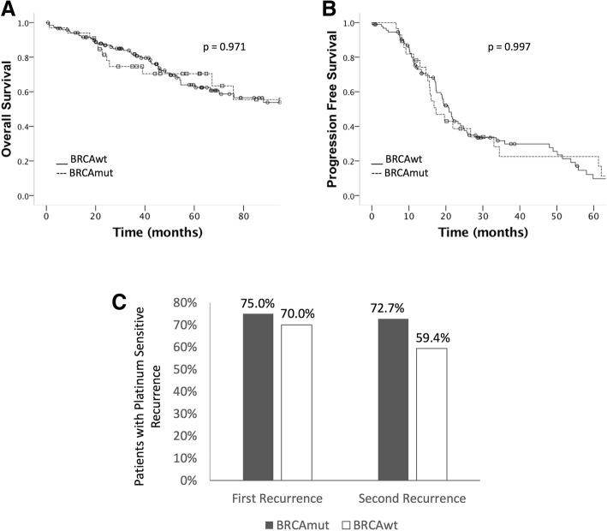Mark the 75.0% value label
click(258, 303)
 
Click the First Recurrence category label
click(276, 498)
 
